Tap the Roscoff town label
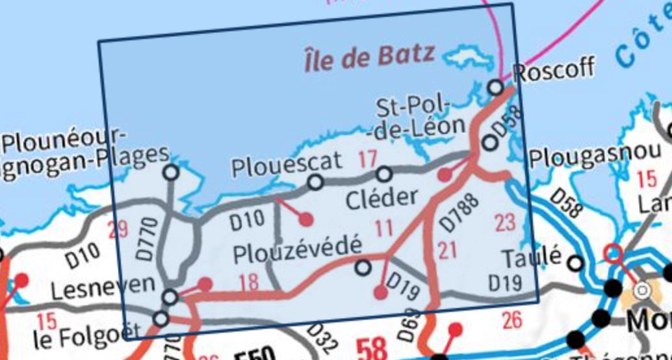click(553, 67)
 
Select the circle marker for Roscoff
click(495, 86)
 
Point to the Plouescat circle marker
click(315, 183)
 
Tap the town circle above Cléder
click(384, 174)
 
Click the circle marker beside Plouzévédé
click(363, 266)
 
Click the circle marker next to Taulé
click(575, 263)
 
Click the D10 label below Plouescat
click(247, 220)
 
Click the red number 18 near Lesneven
click(248, 283)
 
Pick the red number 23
click(504, 223)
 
